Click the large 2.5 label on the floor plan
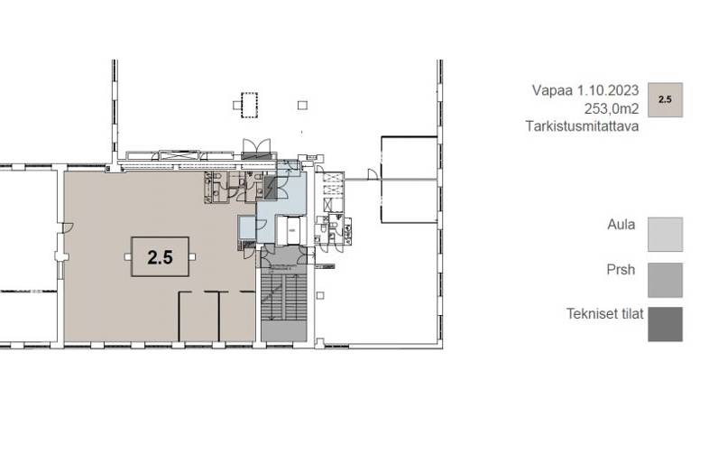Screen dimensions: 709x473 point(160,257)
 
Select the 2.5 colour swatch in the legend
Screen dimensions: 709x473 point(665,100)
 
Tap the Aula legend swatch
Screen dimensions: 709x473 point(665,235)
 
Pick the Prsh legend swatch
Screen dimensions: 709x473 point(665,280)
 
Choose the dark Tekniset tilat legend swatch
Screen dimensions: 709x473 point(665,324)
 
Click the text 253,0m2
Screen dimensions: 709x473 point(612,109)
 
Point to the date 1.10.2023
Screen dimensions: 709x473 point(608,90)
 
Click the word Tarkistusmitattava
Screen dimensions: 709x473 point(583,126)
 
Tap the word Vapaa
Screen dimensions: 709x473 point(552,90)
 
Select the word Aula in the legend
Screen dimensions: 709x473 point(622,225)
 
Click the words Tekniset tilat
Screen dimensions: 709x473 point(605,313)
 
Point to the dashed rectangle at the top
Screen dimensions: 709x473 point(249,105)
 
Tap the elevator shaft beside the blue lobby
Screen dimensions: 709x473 point(291,230)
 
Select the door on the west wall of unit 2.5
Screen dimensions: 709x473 point(69,227)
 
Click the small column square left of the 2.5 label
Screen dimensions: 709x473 point(128,257)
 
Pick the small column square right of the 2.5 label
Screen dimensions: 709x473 point(192,257)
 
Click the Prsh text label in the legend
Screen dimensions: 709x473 point(621,270)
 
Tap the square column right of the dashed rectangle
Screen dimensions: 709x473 point(302,105)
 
